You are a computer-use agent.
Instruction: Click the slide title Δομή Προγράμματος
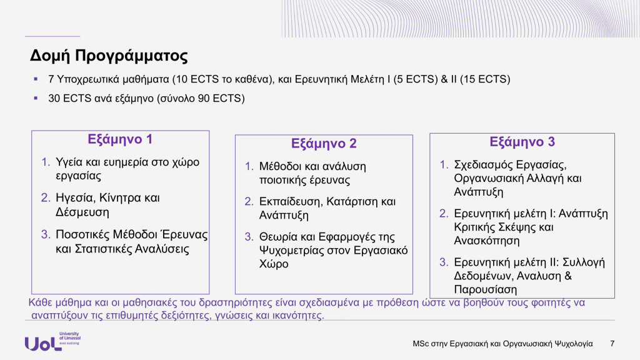coord(109,56)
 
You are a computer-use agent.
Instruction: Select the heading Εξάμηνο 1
coord(120,139)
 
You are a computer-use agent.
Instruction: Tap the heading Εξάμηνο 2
coord(324,144)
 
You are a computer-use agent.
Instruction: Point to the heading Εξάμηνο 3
coord(522,142)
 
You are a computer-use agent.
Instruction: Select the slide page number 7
coord(612,344)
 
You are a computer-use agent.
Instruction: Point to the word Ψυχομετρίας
coord(291,251)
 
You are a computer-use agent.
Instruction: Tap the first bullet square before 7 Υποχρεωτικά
coord(36,79)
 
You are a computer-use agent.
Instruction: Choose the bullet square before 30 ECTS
coord(36,98)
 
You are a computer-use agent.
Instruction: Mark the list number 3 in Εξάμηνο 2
coord(249,237)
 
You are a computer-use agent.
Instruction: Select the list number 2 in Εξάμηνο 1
coord(45,198)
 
